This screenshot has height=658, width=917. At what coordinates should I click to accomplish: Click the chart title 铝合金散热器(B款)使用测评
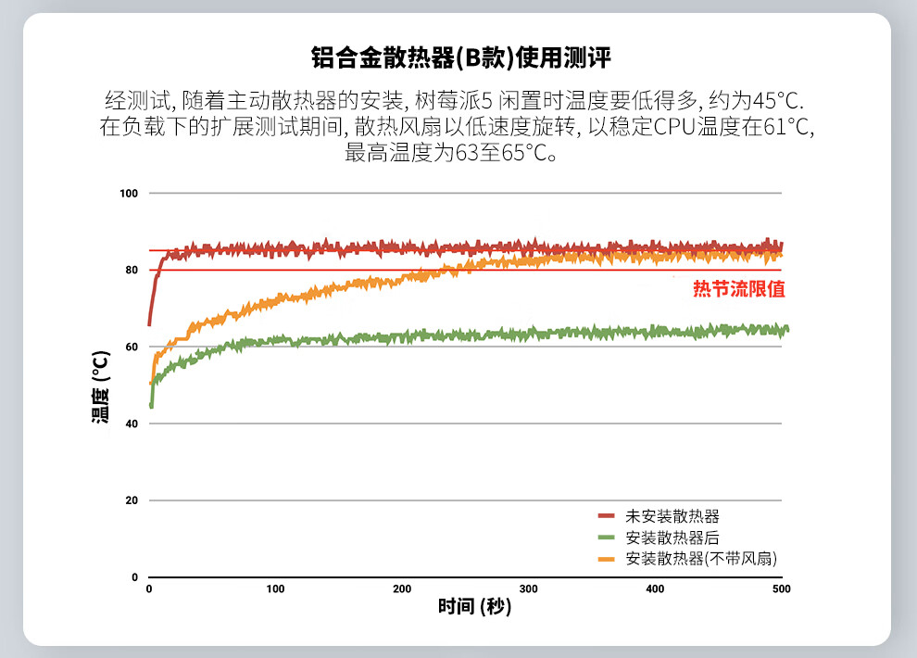460,58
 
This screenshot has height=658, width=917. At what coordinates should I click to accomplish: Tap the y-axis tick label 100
129,194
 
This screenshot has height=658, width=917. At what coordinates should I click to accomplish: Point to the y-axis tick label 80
132,270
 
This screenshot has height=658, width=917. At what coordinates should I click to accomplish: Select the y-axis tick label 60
132,347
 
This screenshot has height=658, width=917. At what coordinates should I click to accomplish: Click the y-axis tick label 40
132,424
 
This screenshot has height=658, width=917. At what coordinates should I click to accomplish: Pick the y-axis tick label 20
132,500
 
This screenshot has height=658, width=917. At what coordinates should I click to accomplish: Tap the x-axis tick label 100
275,589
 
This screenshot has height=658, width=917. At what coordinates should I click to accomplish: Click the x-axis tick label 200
402,589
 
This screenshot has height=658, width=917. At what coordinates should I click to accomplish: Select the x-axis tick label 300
528,589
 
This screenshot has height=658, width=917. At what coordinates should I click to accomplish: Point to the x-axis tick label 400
655,589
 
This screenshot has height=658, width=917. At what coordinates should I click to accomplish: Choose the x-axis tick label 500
781,589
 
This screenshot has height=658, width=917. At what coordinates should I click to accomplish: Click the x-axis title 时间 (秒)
474,607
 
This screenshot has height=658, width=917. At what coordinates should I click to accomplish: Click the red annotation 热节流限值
739,289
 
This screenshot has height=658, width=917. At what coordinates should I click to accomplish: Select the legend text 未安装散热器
672,516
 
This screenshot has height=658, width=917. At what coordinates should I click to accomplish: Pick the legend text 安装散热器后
672,538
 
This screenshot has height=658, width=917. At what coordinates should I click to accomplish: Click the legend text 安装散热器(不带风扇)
700,559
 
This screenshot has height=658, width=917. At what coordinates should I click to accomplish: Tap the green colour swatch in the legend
607,538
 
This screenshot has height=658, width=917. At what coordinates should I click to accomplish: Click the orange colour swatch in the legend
607,559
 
